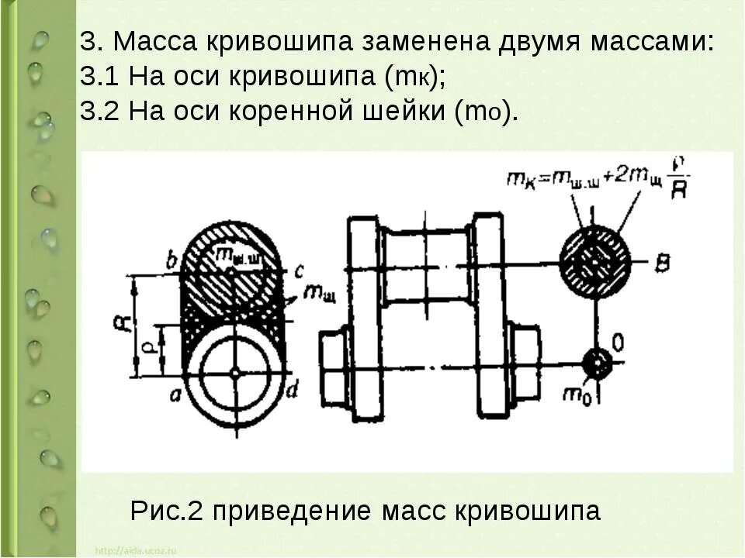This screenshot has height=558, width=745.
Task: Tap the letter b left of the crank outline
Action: pyautogui.click(x=172, y=260)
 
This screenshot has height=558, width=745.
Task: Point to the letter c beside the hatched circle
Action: pyautogui.click(x=298, y=270)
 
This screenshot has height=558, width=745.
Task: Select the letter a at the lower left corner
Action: pyautogui.click(x=175, y=394)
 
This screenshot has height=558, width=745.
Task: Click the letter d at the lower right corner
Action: pyautogui.click(x=292, y=391)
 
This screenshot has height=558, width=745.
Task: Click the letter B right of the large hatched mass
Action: pyautogui.click(x=661, y=263)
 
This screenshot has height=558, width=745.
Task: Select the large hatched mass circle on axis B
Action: pyautogui.click(x=595, y=262)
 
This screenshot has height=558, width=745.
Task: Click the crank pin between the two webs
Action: pyautogui.click(x=428, y=265)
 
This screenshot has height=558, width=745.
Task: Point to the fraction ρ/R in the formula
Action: pyautogui.click(x=677, y=180)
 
